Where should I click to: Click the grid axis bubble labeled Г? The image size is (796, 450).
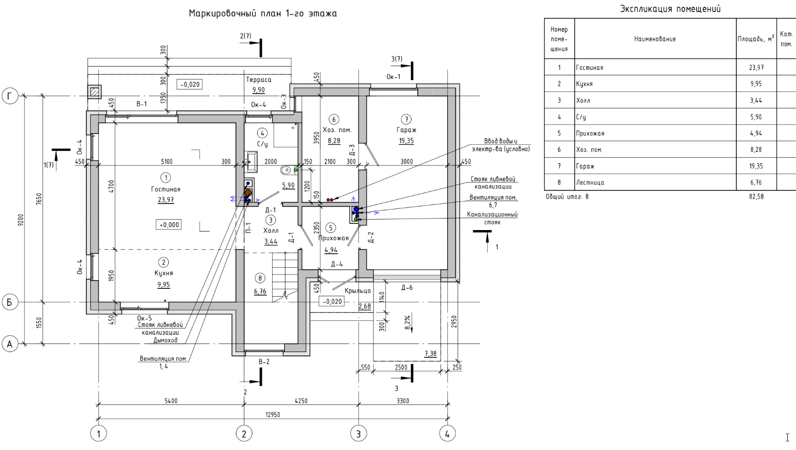(10, 96)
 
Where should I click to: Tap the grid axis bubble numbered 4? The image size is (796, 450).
(447, 433)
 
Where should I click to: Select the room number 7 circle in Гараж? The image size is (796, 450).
(406, 119)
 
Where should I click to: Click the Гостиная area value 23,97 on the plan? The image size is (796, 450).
(166, 200)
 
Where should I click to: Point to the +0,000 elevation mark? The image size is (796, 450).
(169, 225)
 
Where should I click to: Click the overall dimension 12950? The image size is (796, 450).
(273, 414)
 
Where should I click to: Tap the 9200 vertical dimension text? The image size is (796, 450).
(21, 220)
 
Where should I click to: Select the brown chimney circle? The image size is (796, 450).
(248, 193)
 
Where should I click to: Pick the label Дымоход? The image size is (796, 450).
(165, 340)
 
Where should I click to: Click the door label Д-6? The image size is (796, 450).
(407, 287)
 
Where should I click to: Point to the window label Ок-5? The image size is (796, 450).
(144, 318)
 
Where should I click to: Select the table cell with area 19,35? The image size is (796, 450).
(756, 166)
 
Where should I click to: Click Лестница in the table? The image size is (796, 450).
(590, 183)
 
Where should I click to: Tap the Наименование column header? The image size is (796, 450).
(655, 39)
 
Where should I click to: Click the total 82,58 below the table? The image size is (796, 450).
(756, 197)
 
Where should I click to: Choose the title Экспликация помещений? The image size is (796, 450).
(670, 9)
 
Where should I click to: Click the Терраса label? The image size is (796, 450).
(259, 80)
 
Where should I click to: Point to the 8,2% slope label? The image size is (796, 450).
(407, 323)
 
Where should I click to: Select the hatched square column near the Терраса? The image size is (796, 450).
(95, 92)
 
